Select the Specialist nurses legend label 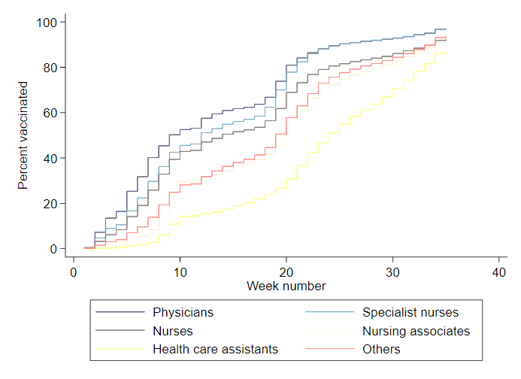[x=410, y=312]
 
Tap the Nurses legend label [x=172, y=331]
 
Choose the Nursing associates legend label [x=416, y=331]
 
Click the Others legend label [x=381, y=350]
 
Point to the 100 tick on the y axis [x=47, y=23]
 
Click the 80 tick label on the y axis [x=50, y=68]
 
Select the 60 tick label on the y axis [x=50, y=113]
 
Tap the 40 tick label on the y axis [x=50, y=158]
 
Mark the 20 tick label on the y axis [x=50, y=203]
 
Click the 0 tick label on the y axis [x=53, y=249]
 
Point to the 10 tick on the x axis [x=180, y=271]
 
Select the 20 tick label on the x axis [x=286, y=271]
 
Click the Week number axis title [x=286, y=287]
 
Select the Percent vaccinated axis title [x=23, y=136]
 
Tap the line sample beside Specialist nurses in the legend [x=329, y=312]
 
